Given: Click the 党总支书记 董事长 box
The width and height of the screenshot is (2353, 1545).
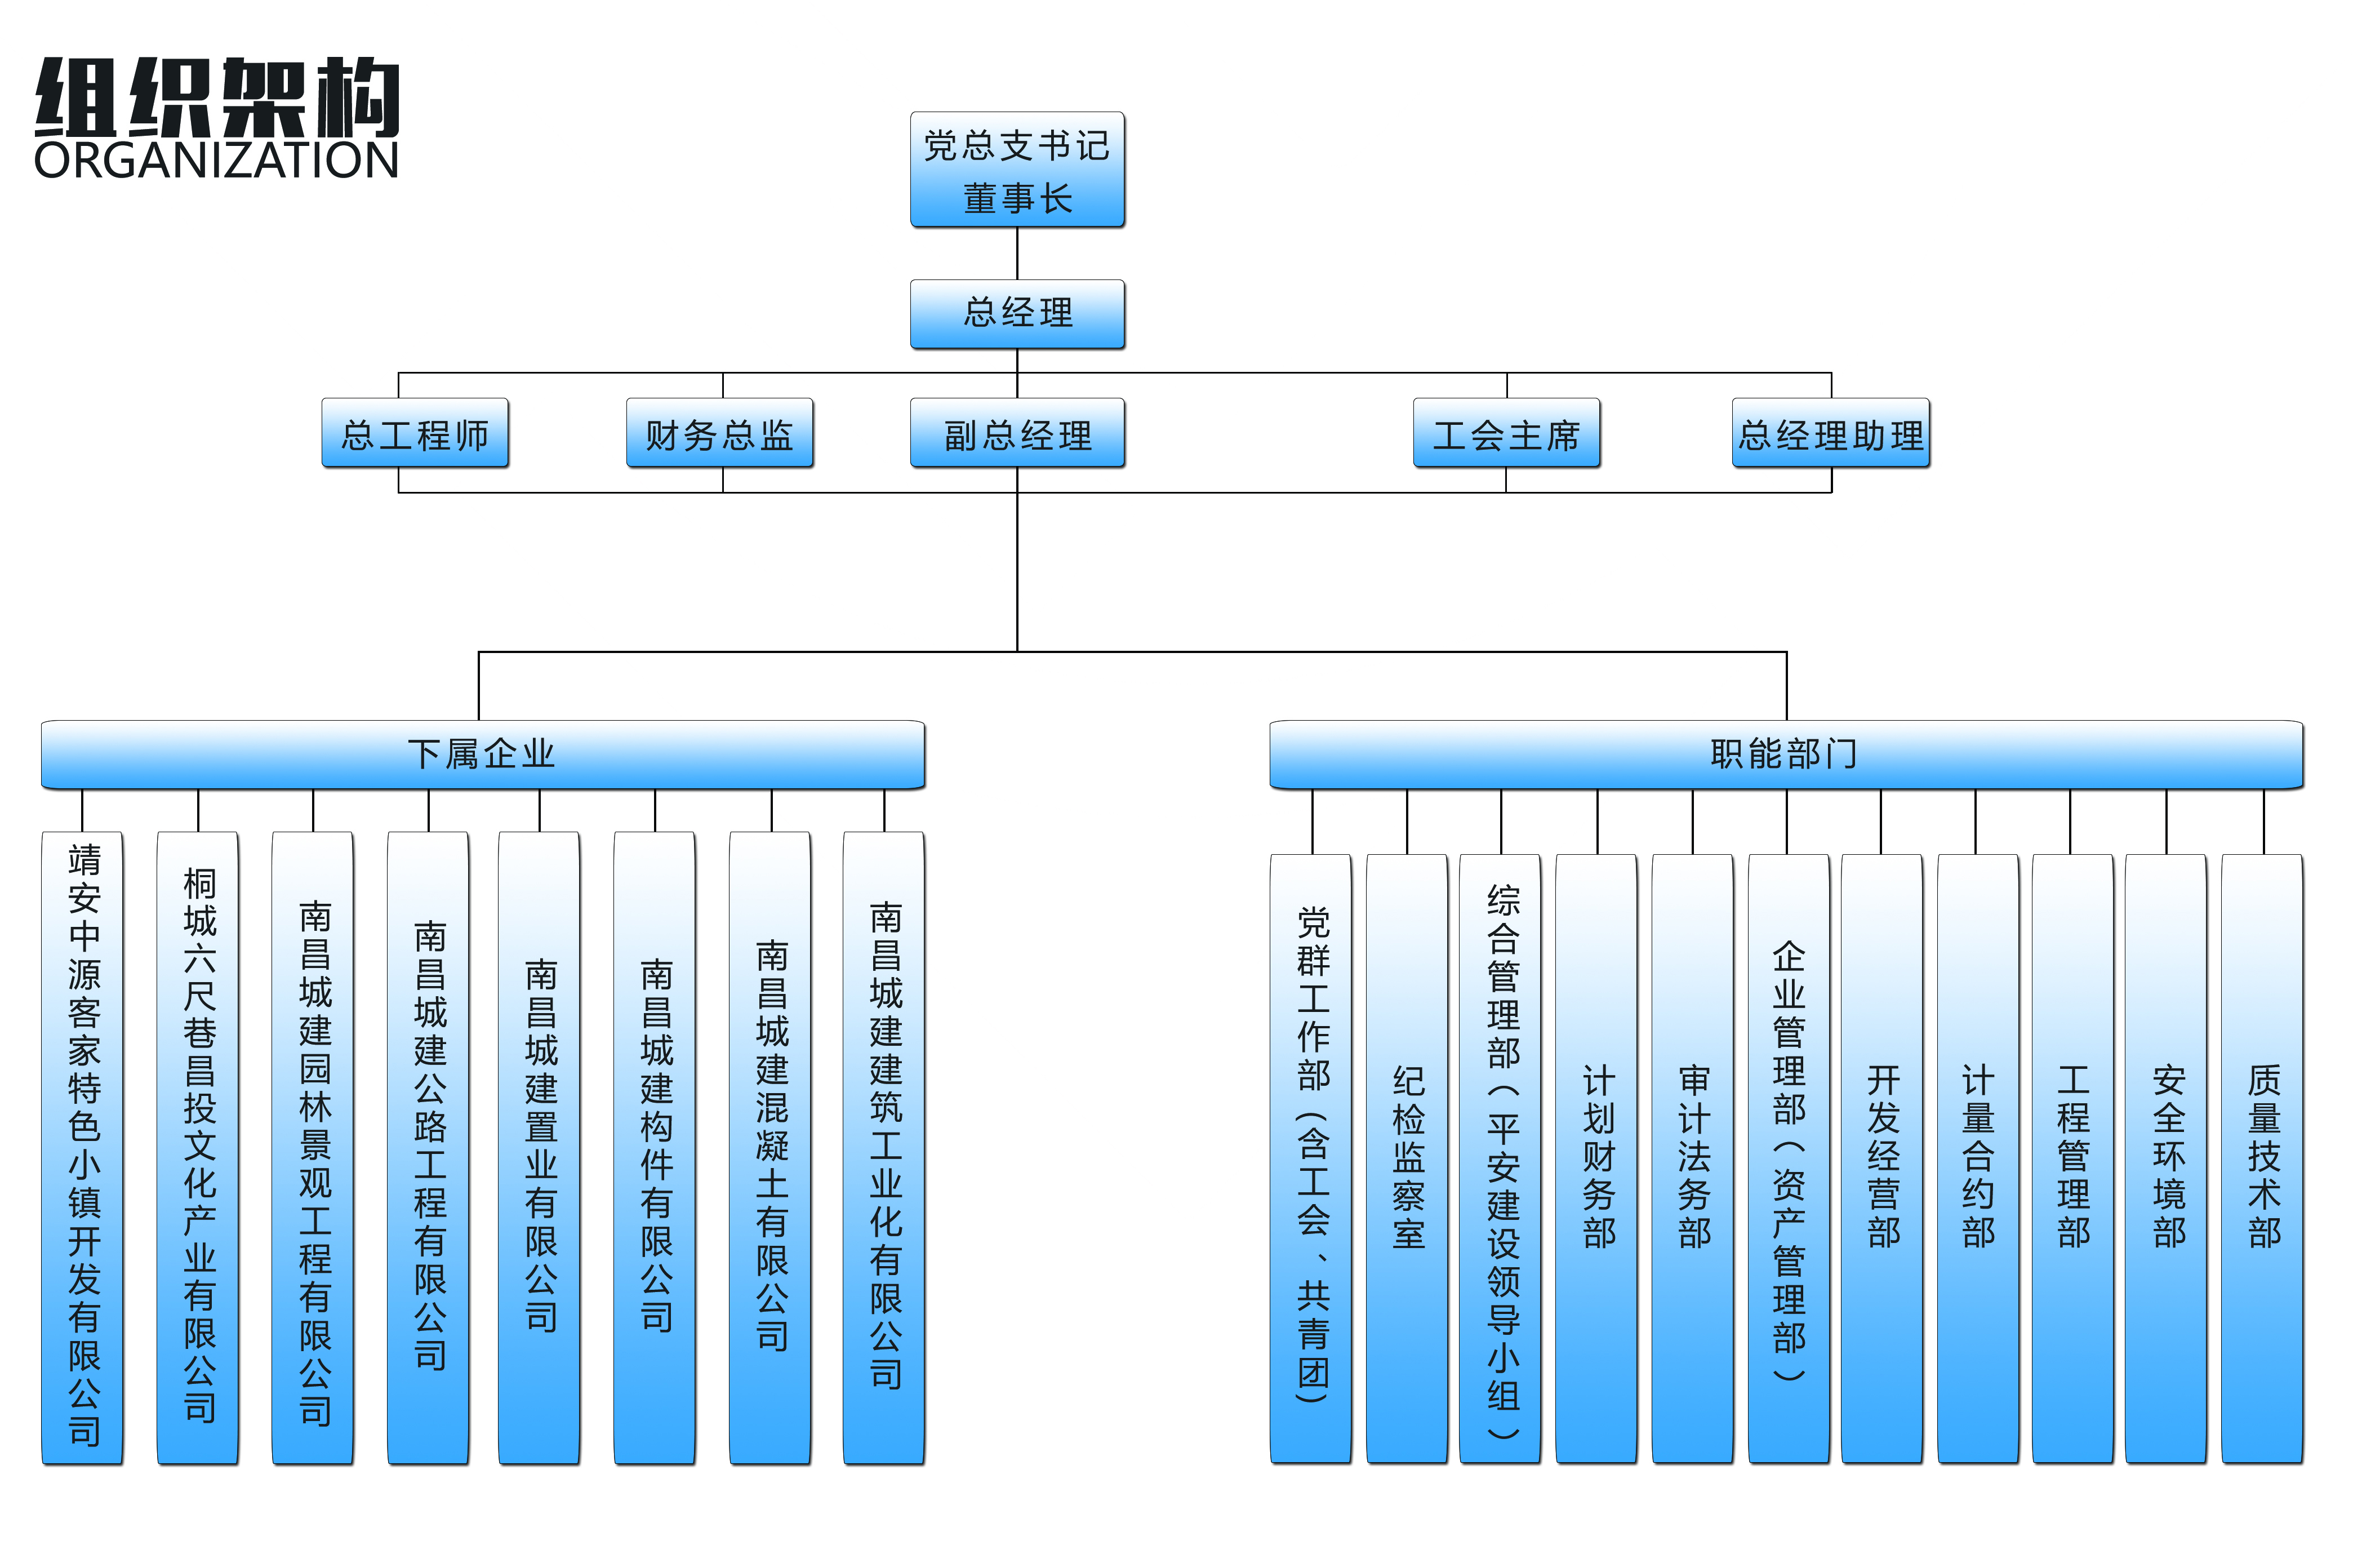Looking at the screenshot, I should click(x=1017, y=170).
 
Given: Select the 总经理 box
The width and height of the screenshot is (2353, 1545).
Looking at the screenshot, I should click(x=1017, y=313).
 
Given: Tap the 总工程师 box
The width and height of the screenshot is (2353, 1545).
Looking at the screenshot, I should click(x=415, y=433).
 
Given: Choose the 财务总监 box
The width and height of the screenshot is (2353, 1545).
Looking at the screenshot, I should click(x=720, y=433).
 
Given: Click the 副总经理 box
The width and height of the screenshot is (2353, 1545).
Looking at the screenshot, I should click(x=1017, y=433).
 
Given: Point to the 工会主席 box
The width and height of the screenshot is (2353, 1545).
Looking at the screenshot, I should click(x=1507, y=433).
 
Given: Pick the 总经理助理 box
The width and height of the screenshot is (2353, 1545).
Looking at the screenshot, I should click(x=1831, y=433).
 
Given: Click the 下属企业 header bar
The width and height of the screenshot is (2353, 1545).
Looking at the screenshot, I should click(x=482, y=754).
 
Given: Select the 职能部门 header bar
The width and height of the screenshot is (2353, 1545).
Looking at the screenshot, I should click(x=1786, y=754).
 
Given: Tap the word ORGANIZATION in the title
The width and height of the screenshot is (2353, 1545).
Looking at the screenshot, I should click(x=216, y=160).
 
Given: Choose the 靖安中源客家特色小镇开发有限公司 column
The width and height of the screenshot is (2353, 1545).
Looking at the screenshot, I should click(x=83, y=1147).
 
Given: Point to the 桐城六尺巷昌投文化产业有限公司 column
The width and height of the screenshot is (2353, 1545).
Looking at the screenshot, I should click(x=199, y=1147).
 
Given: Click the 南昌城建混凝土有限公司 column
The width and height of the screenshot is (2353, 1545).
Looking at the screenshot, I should click(x=771, y=1147).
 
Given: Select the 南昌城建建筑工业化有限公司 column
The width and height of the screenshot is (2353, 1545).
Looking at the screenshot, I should click(x=885, y=1147).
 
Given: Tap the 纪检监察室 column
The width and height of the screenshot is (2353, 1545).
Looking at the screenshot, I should click(x=1408, y=1157).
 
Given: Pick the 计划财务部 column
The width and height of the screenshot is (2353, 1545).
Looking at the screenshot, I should click(x=1598, y=1157).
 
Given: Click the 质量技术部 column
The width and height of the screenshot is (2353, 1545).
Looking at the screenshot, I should click(x=2263, y=1157).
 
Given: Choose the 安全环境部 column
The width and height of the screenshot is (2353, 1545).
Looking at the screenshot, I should click(x=2167, y=1157).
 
